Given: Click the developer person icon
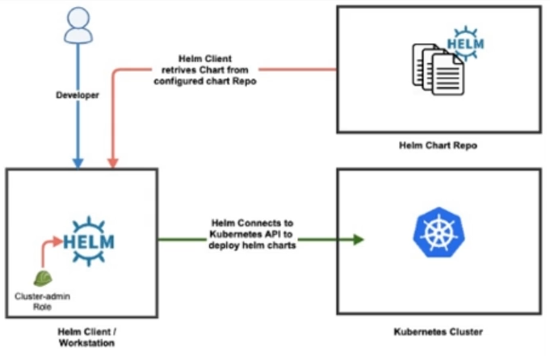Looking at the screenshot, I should point(76,27).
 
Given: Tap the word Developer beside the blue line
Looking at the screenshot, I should point(77,96).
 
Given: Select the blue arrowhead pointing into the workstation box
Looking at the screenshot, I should point(77,163).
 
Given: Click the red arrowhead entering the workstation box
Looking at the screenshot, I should point(114,163).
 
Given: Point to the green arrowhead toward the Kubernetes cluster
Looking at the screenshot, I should point(355,239).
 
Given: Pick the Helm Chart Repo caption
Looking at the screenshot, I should point(438,146).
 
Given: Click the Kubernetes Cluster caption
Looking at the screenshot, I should point(438,331).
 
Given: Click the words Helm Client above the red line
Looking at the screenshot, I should point(205,59).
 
